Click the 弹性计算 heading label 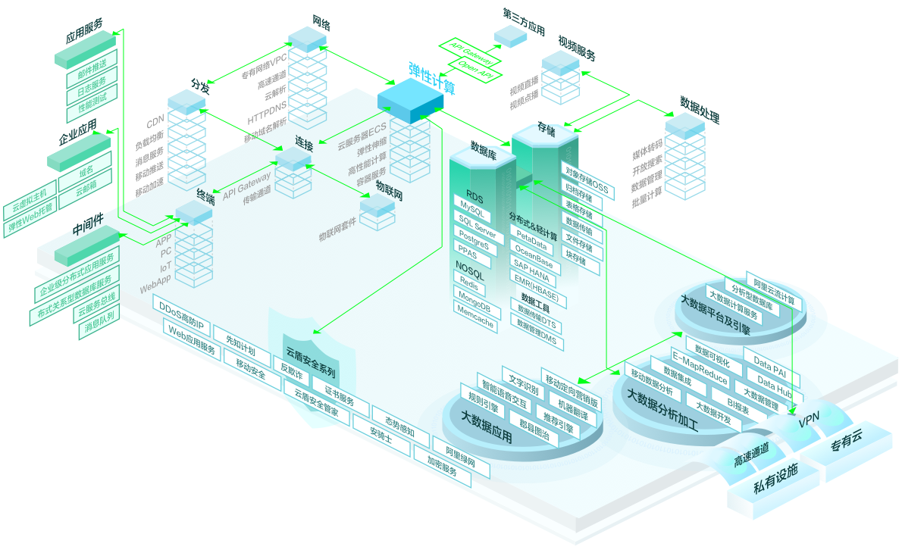click(431, 78)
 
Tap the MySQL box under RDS click(471, 205)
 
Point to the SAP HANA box click(531, 266)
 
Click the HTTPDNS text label click(267, 108)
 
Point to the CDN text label click(155, 121)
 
